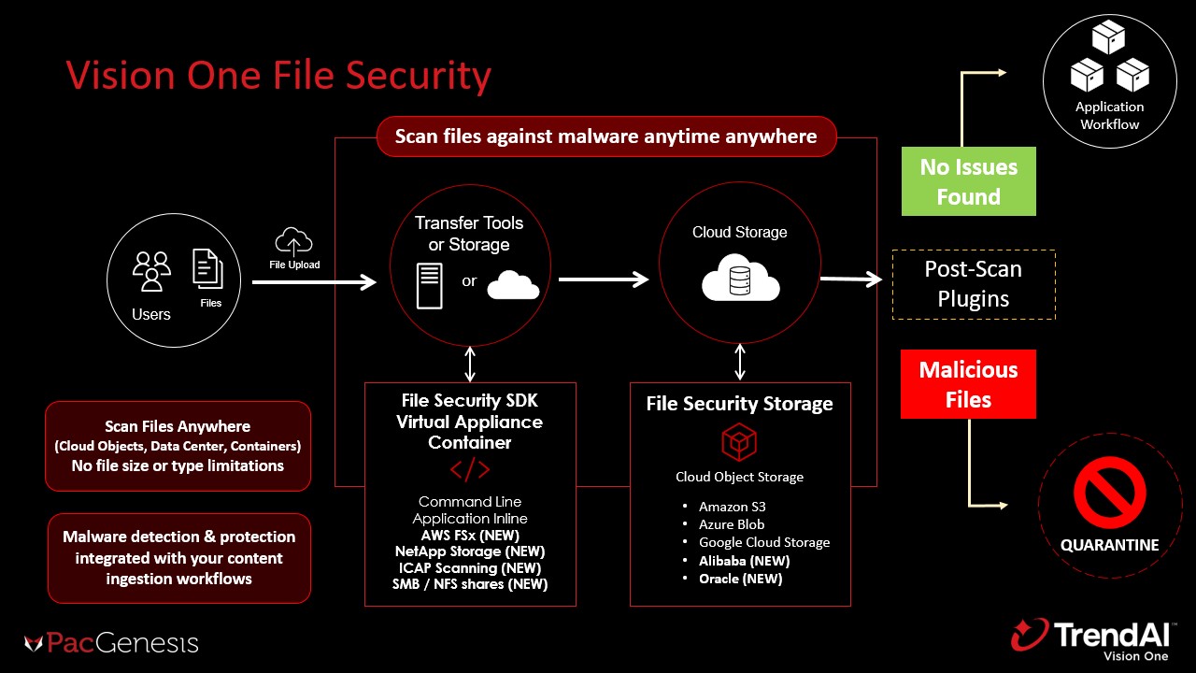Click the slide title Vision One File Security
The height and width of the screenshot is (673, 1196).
(278, 76)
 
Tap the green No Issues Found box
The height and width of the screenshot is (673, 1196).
(968, 181)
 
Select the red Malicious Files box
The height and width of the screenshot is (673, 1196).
(968, 384)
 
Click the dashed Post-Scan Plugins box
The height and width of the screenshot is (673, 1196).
(974, 284)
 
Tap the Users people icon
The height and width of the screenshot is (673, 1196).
(151, 270)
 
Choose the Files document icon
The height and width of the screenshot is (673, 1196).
(208, 268)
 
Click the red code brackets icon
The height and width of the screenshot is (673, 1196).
(470, 469)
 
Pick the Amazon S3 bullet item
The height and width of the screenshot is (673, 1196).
(733, 507)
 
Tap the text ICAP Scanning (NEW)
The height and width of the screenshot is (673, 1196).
(470, 567)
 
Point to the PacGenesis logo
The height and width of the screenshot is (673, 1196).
(111, 643)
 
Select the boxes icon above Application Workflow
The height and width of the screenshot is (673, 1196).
(1109, 60)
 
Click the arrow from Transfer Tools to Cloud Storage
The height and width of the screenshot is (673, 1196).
(603, 279)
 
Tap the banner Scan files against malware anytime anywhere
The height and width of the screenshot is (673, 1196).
(605, 136)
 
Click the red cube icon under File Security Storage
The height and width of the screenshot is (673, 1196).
(739, 442)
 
